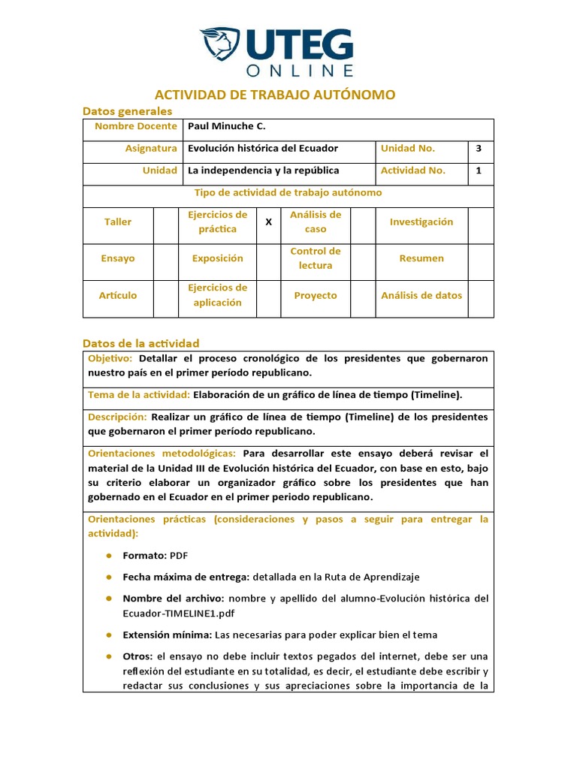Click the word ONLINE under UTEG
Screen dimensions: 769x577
(300, 71)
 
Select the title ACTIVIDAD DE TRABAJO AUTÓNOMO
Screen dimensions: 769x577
(274, 95)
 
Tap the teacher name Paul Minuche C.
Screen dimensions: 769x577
(227, 127)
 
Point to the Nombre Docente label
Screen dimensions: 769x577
(136, 127)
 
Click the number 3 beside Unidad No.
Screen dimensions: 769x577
(479, 149)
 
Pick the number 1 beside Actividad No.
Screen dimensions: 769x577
(479, 170)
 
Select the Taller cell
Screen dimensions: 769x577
(118, 222)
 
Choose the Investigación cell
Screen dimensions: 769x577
(421, 222)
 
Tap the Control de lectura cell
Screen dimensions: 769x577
(315, 258)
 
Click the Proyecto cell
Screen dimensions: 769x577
(316, 296)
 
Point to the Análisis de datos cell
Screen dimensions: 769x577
(421, 296)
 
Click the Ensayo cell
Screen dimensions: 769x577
(118, 258)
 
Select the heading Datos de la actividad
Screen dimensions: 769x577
(140, 343)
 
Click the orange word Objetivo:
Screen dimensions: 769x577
(110, 359)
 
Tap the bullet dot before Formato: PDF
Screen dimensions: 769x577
(108, 556)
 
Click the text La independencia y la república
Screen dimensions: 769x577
(264, 170)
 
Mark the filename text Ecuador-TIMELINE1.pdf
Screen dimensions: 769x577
(171, 613)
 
